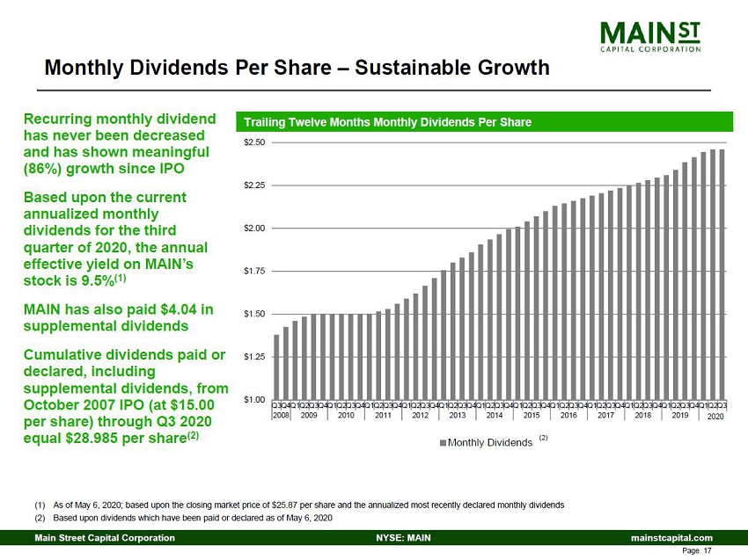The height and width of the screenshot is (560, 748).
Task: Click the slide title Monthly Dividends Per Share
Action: pyautogui.click(x=297, y=68)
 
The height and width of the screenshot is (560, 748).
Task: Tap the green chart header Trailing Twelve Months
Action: pyautogui.click(x=387, y=122)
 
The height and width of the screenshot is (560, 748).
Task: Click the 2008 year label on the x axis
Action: pyautogui.click(x=281, y=414)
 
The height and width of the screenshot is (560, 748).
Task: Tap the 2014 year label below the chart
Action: pyautogui.click(x=494, y=414)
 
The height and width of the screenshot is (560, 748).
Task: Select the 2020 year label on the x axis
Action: pyautogui.click(x=715, y=415)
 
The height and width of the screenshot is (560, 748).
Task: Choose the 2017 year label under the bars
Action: pyautogui.click(x=605, y=414)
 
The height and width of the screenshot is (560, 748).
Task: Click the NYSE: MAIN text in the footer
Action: pyautogui.click(x=403, y=538)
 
